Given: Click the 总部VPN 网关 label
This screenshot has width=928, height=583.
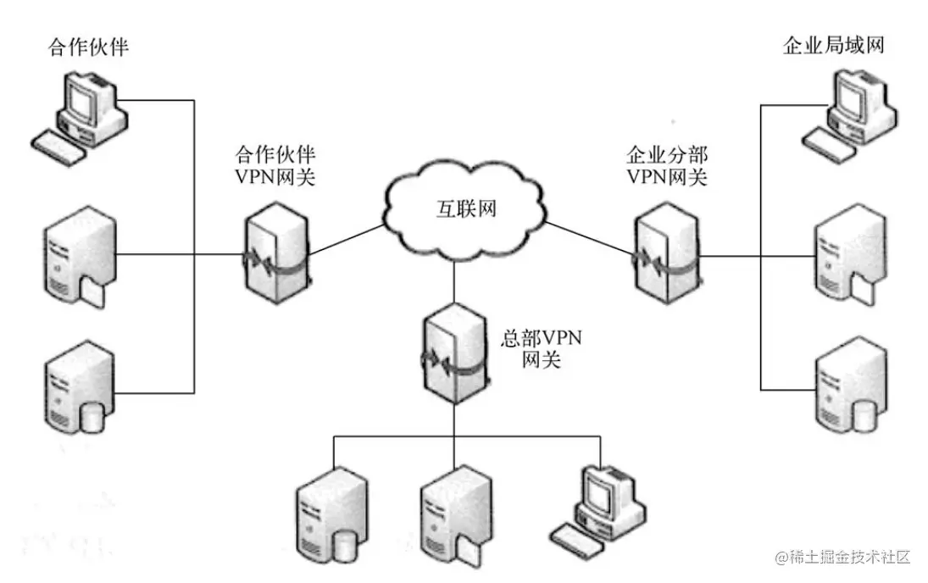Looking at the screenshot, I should coord(542,348).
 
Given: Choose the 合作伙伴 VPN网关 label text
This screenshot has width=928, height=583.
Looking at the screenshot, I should coord(275,166).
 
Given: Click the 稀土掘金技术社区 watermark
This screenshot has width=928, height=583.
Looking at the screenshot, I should coord(844,557).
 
